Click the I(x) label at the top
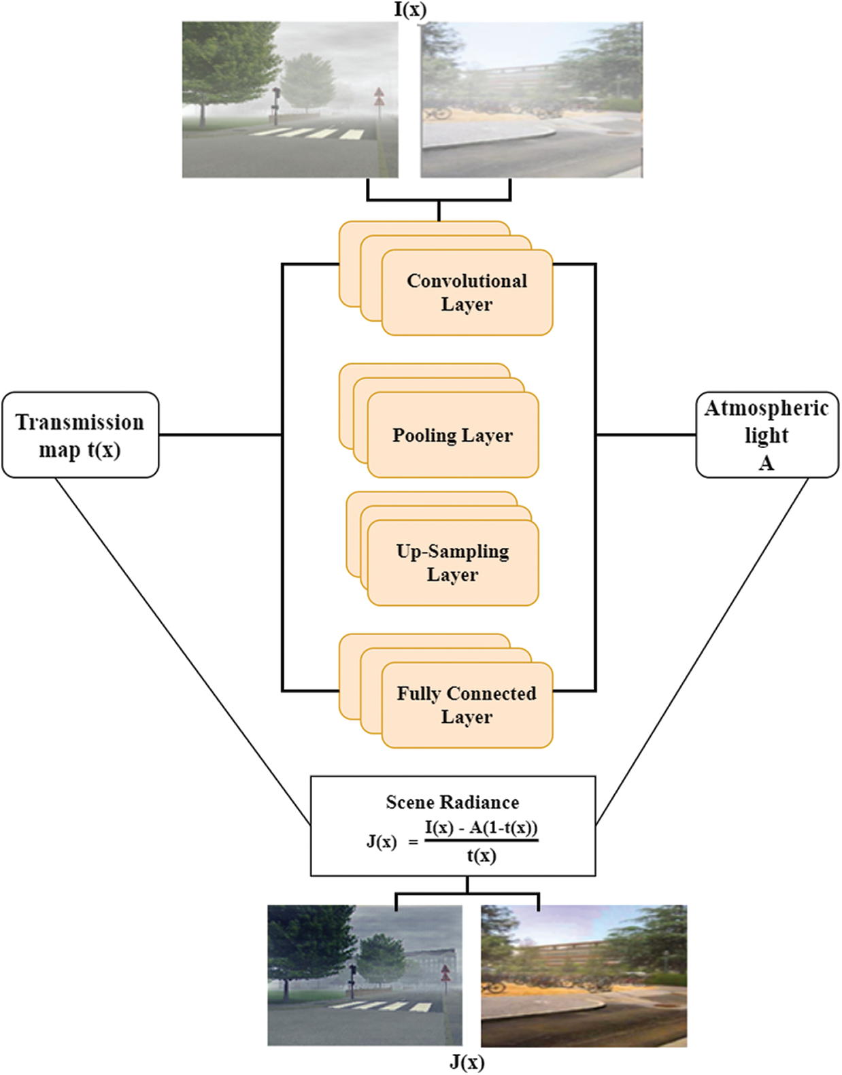[410, 10]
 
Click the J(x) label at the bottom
[467, 1062]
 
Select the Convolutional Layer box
[467, 293]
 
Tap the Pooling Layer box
[452, 435]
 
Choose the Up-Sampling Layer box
[452, 563]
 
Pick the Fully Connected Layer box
[467, 705]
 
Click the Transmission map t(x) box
[80, 435]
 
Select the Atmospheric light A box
[767, 435]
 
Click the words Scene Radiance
[452, 802]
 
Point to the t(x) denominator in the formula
[481, 856]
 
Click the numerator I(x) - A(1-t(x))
[481, 828]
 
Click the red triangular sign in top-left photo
[379, 96]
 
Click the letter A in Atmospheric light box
[767, 464]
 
